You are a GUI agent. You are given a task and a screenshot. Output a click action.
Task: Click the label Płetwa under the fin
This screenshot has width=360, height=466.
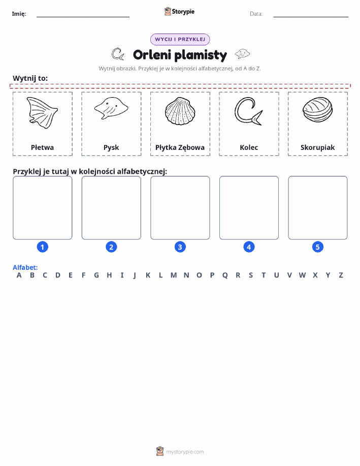tap(42, 147)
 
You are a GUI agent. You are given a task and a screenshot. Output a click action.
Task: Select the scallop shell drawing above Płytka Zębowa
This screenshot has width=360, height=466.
tap(180, 111)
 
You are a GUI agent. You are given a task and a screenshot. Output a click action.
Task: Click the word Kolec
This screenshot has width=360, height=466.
tap(249, 147)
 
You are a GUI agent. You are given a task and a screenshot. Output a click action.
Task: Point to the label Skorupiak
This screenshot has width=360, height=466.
tap(317, 147)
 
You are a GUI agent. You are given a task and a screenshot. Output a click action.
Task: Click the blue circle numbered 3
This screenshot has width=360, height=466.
tap(180, 247)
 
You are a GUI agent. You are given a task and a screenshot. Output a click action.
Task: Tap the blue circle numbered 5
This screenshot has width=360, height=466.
tap(317, 247)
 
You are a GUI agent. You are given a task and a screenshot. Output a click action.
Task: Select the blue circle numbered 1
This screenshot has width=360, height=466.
tap(43, 247)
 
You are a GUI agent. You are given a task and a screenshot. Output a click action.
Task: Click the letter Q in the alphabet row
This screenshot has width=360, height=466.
tap(225, 275)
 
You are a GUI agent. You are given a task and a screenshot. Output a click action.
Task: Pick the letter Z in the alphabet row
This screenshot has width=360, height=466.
tap(341, 275)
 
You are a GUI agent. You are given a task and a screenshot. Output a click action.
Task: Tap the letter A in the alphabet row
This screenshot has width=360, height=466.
tap(19, 275)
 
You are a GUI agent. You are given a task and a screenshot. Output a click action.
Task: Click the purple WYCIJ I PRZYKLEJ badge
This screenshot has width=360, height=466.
tap(180, 39)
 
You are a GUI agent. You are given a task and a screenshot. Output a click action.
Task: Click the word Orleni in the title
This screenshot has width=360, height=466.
tap(152, 55)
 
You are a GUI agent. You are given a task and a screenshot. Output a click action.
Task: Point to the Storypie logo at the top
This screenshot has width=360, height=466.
tap(179, 12)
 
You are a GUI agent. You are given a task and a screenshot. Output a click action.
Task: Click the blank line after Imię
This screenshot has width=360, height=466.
tap(83, 17)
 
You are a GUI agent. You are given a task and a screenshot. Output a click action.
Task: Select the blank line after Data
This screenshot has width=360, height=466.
tap(311, 17)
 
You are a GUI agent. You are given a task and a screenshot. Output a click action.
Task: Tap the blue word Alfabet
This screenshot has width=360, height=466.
tap(25, 267)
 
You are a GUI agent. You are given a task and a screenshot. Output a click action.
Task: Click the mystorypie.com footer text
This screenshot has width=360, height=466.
tap(185, 452)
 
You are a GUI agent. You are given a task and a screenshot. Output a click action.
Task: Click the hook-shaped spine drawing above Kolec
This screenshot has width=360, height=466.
tap(248, 112)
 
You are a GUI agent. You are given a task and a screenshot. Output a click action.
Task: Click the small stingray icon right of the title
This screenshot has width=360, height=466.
tap(242, 54)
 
